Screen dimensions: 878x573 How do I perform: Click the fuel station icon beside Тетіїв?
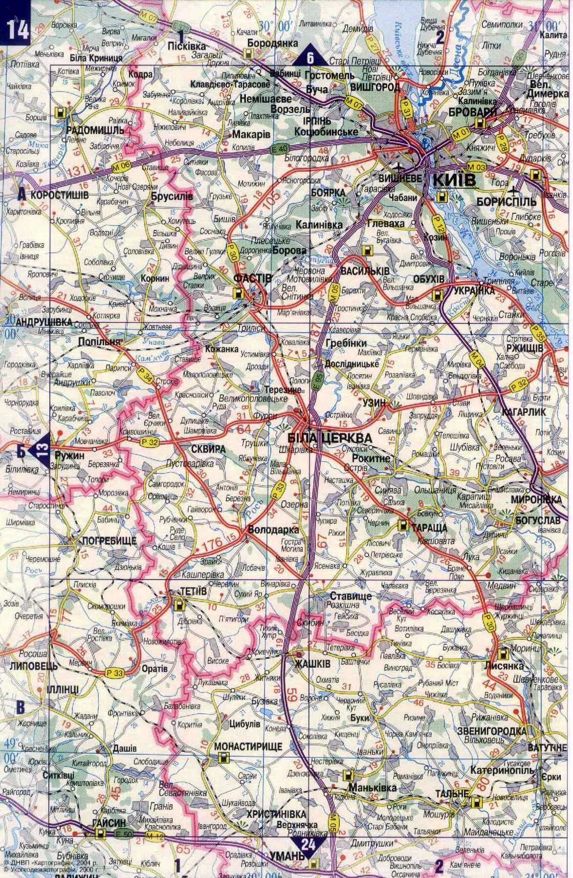179,605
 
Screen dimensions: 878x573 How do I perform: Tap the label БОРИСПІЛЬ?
510,201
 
